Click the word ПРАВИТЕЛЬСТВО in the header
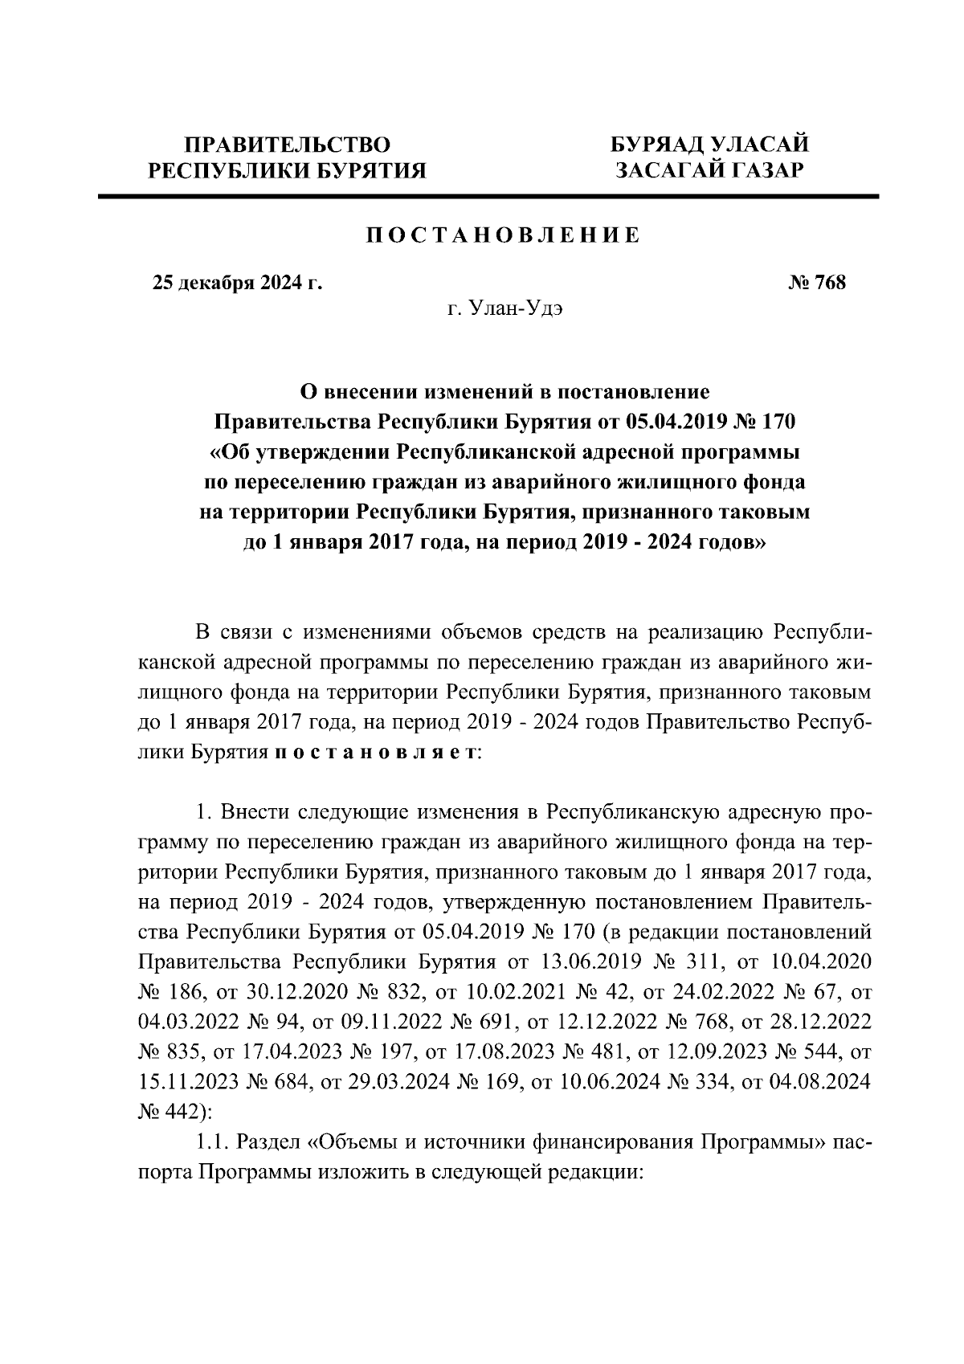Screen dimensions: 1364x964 (288, 145)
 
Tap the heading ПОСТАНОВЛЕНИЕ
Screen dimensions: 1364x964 (504, 235)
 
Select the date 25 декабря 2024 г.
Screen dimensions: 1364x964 (237, 283)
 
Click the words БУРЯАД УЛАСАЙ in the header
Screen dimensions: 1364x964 (709, 145)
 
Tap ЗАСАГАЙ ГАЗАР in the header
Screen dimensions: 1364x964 (709, 170)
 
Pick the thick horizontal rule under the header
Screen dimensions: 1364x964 (488, 196)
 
